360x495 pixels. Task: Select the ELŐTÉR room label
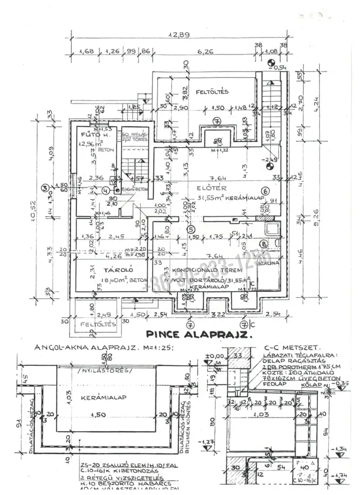(x=211, y=188)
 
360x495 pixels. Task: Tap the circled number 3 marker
(x=45, y=187)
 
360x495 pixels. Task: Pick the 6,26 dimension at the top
(x=206, y=51)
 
